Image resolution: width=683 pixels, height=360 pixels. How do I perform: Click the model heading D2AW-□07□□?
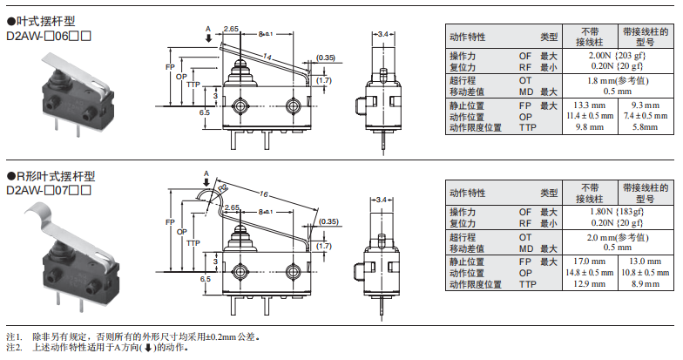(49, 188)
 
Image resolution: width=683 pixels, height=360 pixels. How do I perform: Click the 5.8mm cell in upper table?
(646, 127)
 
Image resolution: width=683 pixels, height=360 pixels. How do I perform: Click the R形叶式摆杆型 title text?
(52, 175)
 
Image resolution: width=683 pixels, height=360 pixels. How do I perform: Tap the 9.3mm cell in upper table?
(646, 105)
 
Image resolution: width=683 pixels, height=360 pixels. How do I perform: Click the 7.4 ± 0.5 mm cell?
(646, 116)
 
